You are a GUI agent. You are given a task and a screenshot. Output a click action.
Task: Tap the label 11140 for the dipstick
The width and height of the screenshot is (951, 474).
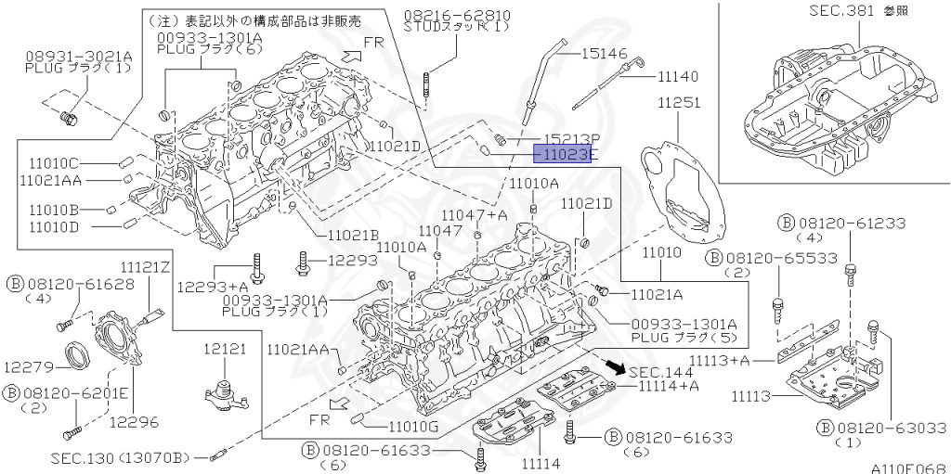[678, 75]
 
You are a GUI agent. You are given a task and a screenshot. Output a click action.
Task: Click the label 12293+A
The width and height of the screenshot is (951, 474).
[213, 287]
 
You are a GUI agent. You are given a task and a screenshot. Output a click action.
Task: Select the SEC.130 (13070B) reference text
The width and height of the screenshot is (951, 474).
[122, 457]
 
